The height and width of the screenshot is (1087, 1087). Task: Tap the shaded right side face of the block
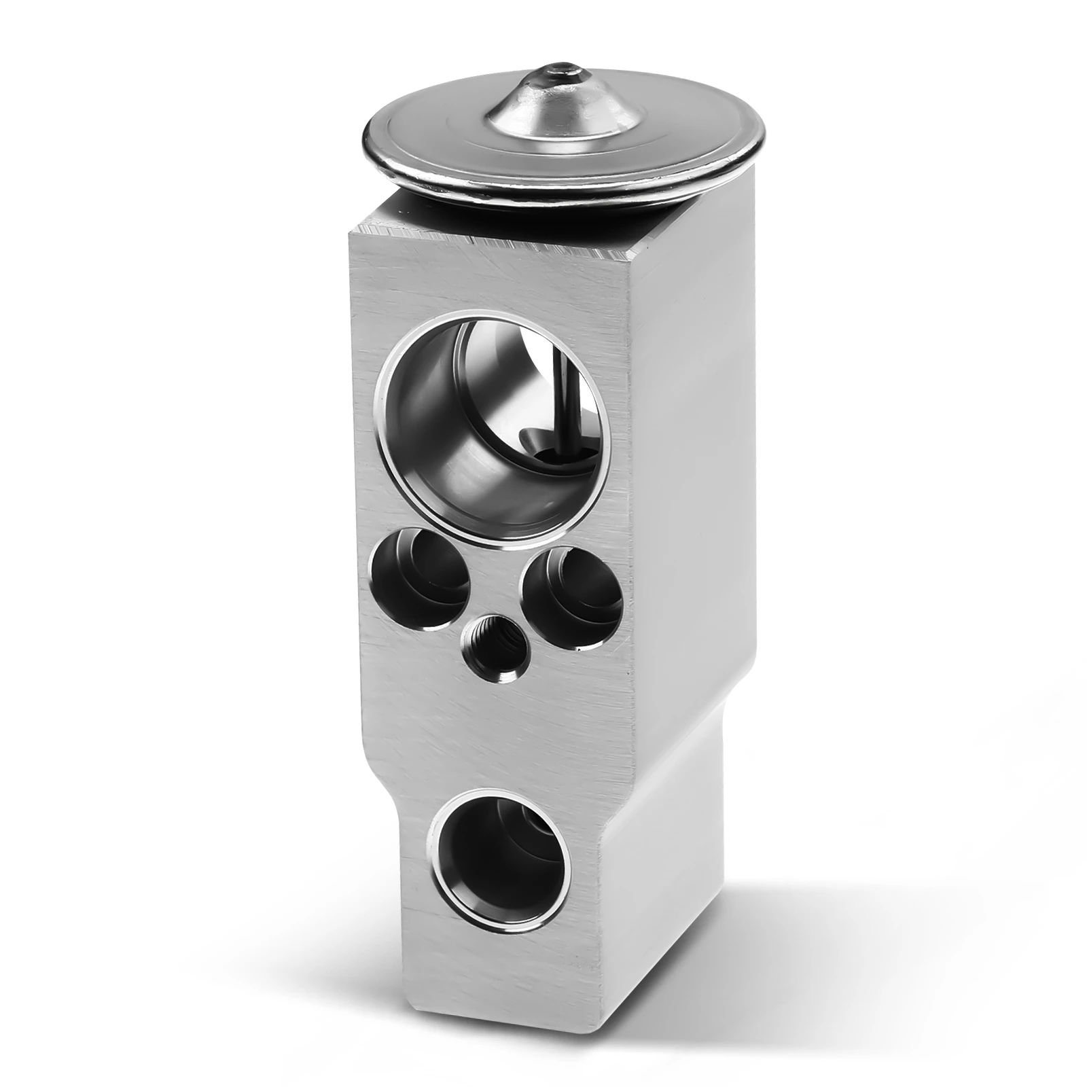(x=686, y=543)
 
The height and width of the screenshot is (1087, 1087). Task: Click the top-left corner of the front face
(x=351, y=234)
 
